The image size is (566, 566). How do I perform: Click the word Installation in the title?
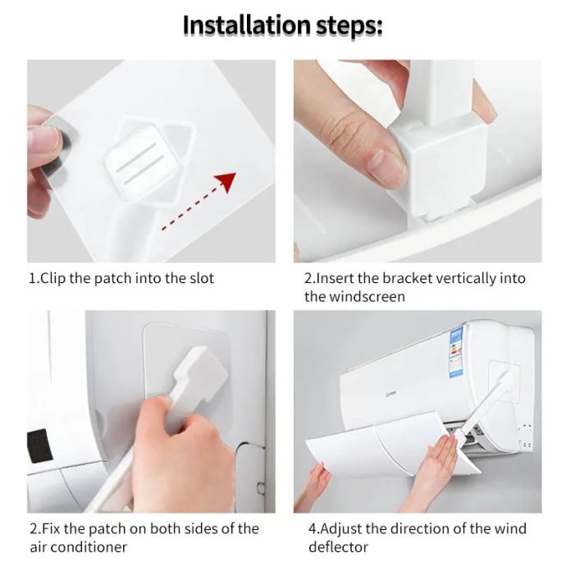pos(246,25)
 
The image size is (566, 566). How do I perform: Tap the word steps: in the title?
pos(349,27)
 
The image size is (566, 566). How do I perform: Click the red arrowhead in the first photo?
pos(226,181)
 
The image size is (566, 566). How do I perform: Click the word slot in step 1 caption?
pos(202,278)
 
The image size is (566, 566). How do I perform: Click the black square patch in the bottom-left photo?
pos(39,446)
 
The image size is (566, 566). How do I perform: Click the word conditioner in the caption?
pos(89,547)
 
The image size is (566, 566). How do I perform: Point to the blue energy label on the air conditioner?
pos(457,353)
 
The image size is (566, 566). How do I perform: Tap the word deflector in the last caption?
pos(338,547)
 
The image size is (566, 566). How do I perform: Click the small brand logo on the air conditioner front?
pos(391,394)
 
